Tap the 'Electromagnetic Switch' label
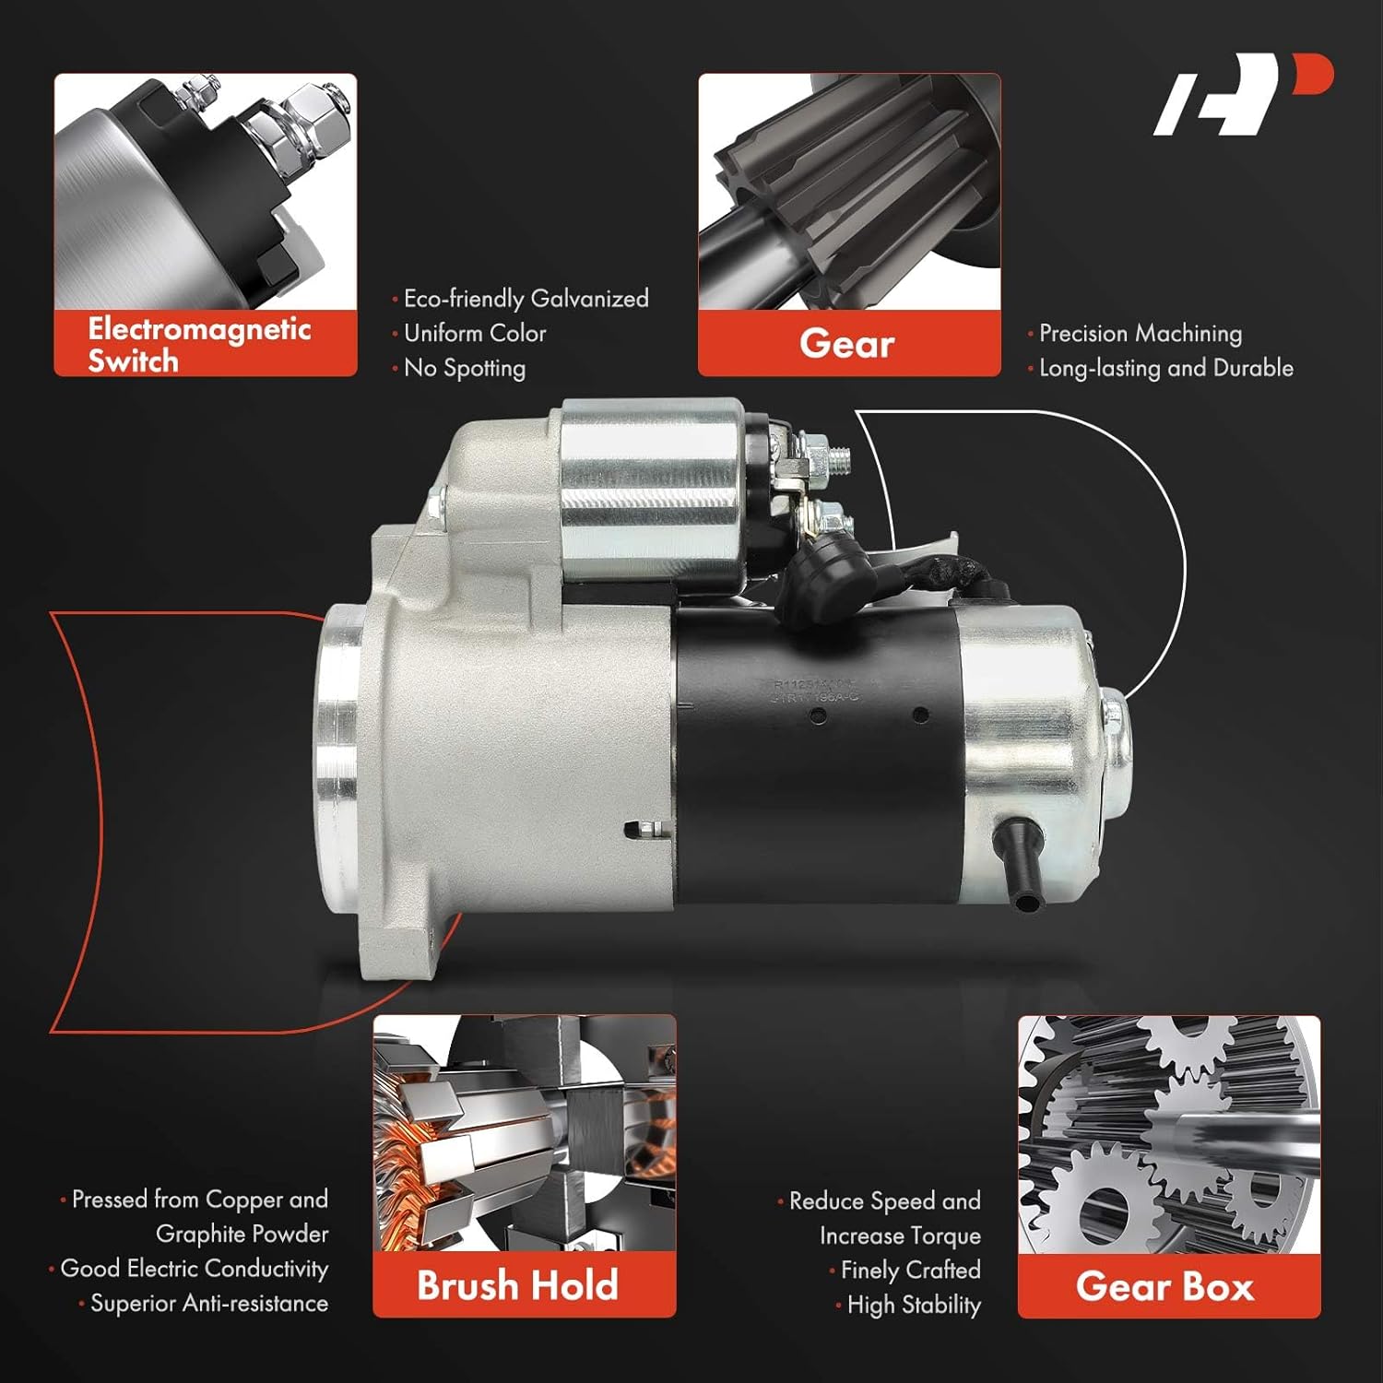coord(199,344)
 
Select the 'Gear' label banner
coord(847,344)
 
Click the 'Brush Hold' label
coord(517,1285)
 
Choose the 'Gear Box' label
coord(1165,1286)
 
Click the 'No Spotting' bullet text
coord(464,368)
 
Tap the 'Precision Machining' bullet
coord(1140,333)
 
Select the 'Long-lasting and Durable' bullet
coord(1165,368)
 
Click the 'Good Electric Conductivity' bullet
coord(194,1269)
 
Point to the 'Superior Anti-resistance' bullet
coord(208,1304)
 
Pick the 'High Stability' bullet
coord(913,1306)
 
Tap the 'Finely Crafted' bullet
coord(910,1271)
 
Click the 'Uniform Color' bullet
coord(475,333)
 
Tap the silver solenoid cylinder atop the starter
coord(651,493)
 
